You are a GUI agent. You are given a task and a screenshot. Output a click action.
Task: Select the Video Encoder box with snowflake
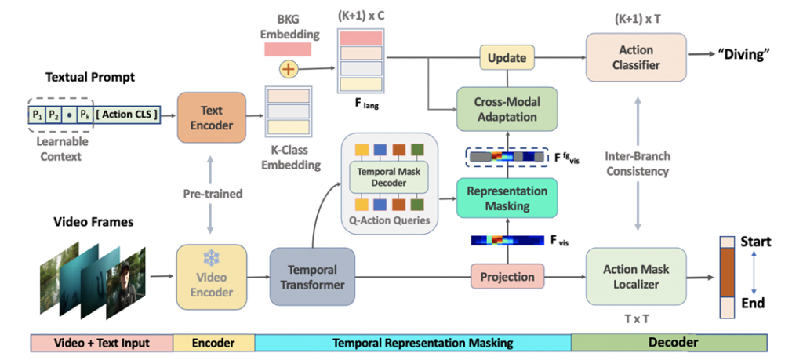point(212,275)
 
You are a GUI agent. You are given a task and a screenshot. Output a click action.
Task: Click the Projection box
point(507,277)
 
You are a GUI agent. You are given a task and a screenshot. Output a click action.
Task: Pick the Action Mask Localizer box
point(636,276)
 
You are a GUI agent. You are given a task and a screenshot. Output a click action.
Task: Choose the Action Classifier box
point(636,57)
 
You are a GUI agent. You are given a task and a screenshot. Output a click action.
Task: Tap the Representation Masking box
point(507,198)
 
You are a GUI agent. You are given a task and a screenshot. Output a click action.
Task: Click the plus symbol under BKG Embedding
point(289,69)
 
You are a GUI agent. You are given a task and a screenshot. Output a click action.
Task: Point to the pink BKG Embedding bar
point(288,49)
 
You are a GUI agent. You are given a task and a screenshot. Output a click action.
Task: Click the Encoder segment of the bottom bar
point(213,343)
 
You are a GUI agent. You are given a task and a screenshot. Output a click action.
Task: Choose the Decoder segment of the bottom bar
point(669,343)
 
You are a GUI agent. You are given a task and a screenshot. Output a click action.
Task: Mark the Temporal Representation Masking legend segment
point(412,343)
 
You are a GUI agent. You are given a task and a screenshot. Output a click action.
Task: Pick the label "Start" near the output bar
point(756,242)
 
